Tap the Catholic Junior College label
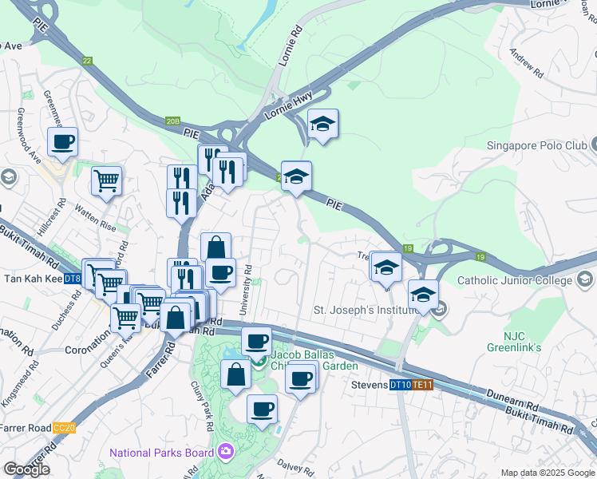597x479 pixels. pos(515,280)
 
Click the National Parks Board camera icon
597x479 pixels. pos(226,453)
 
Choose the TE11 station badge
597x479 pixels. pos(423,386)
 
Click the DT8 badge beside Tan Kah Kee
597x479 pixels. pos(72,279)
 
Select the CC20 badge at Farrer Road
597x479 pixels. pos(64,428)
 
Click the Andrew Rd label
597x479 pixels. pos(526,64)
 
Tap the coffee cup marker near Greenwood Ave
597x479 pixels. pos(62,143)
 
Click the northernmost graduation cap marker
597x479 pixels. pos(322,125)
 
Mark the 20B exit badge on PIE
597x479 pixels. pos(173,121)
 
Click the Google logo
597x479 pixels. pos(26,469)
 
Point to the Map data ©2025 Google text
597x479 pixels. pos(547,473)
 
